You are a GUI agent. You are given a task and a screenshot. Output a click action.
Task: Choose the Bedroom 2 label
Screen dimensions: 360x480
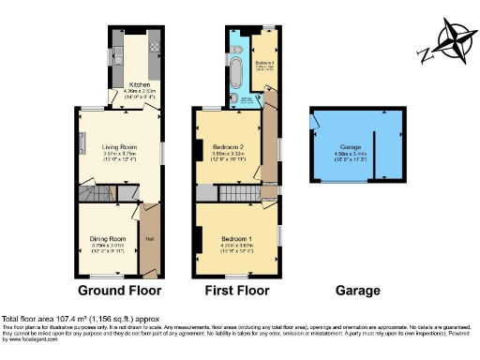229,147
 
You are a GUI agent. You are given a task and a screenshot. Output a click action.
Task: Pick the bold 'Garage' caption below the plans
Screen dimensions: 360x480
359,291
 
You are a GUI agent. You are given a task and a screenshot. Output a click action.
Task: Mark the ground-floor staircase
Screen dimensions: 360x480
97,192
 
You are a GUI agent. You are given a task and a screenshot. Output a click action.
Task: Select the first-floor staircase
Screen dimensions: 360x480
240,193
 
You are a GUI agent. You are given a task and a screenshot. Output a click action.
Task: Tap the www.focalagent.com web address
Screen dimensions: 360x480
27,339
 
